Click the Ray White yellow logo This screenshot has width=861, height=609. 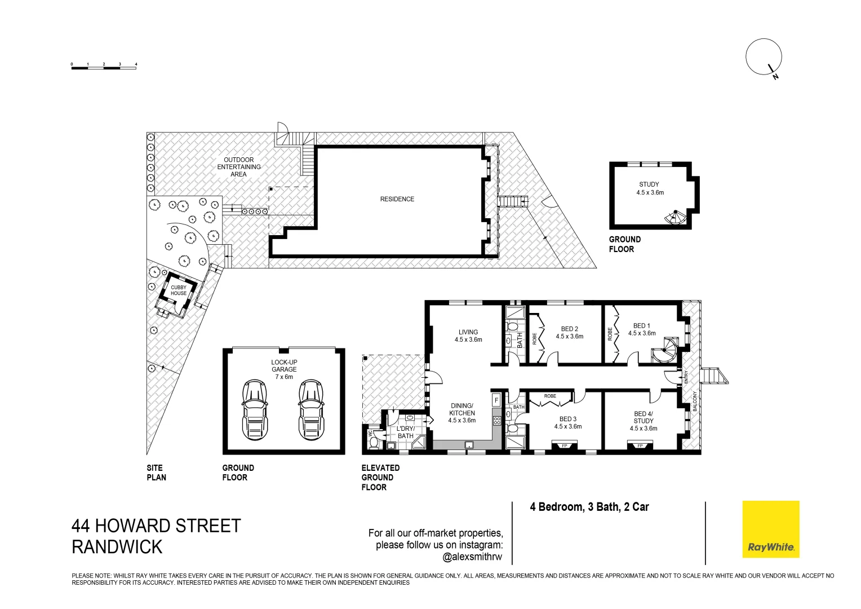pos(770,529)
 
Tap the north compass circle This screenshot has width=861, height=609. pos(764,57)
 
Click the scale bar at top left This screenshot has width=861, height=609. pos(104,67)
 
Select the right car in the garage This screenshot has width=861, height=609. pos(310,409)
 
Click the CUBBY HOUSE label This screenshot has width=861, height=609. pos(178,290)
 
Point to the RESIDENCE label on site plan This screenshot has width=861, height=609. pos(397,199)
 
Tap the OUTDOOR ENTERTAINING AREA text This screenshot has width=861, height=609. pos(239,167)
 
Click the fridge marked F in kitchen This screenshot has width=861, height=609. pos(496,400)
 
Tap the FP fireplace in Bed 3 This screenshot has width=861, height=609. pos(565,446)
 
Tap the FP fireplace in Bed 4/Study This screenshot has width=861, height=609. pos(640,446)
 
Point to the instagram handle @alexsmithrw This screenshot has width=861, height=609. pos(472,557)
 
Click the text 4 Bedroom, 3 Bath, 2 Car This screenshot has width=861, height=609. pos(589,507)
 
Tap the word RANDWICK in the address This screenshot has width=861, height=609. pos(117,547)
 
